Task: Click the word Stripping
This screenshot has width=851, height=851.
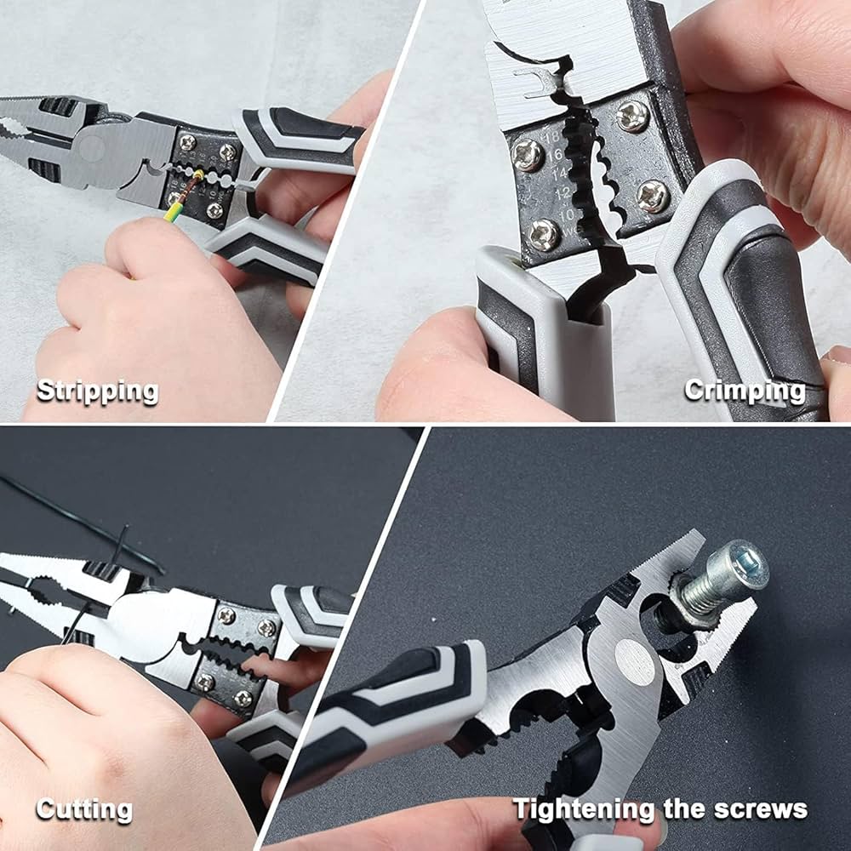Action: [x=98, y=391]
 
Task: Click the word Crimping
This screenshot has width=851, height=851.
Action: [x=745, y=391]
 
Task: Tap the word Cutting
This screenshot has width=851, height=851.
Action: [x=84, y=810]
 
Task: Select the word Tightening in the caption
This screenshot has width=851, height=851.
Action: [x=584, y=810]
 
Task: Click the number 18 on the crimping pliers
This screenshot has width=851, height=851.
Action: [x=551, y=138]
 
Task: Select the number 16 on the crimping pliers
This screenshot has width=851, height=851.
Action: [x=554, y=156]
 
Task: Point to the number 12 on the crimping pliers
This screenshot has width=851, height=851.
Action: [x=563, y=192]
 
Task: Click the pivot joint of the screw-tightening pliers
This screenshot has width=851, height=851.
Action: [x=635, y=661]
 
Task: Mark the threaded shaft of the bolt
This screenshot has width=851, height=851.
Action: [x=700, y=590]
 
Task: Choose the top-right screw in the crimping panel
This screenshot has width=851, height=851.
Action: [x=633, y=116]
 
